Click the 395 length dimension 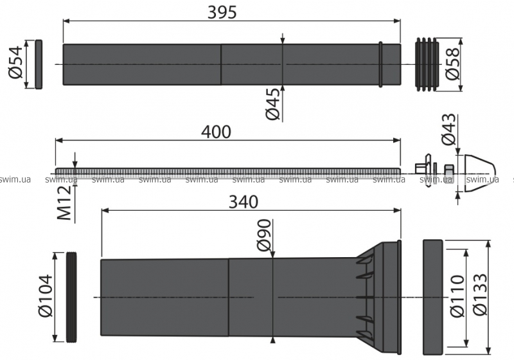point(222,12)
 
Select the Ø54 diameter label point(15,62)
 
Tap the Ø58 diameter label point(453,64)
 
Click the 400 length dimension point(216,132)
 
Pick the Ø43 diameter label point(448,129)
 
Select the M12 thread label point(64,203)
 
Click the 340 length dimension point(244,202)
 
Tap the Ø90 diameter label point(264,235)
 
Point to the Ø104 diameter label point(45,296)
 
